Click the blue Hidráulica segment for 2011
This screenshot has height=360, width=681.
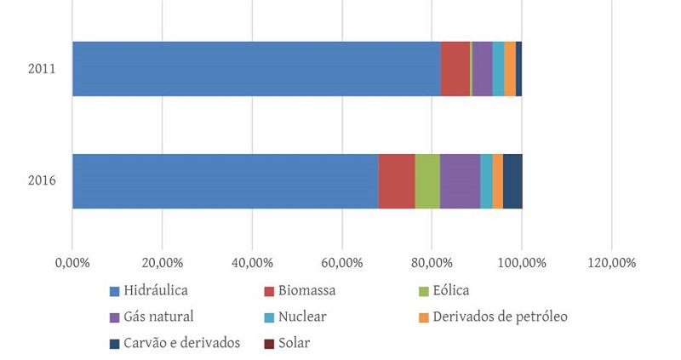pos(255,68)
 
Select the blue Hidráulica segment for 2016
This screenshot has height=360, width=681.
pos(225,180)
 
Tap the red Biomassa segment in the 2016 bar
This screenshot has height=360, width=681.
pos(397,180)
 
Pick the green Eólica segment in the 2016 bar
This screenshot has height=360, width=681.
pos(427,180)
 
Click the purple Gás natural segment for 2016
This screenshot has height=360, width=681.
pos(460,180)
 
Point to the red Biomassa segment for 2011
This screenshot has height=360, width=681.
pos(455,68)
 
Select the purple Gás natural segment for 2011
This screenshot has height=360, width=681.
pos(482,68)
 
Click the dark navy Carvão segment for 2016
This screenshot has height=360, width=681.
pos(512,180)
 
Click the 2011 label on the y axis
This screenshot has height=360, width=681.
pos(42,68)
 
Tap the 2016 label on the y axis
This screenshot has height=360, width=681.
pos(42,180)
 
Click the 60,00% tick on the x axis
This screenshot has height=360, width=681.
pos(341,263)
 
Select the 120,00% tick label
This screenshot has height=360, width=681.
pos(611,263)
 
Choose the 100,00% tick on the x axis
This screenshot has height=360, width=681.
pos(521,263)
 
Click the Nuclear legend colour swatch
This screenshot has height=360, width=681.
pos(269,317)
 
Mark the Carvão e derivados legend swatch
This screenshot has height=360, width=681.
pos(114,344)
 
